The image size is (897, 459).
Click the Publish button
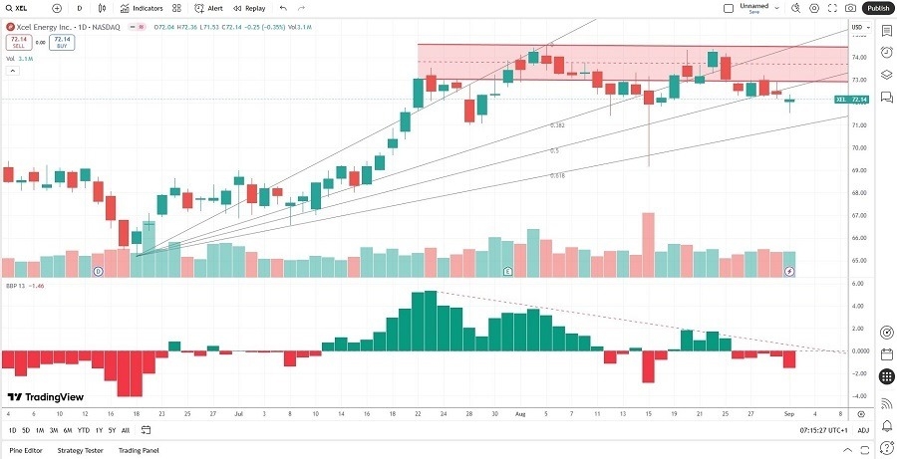tap(876, 8)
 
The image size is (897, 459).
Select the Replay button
tap(250, 8)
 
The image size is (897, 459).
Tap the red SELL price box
tap(16, 44)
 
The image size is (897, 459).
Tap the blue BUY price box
tap(61, 44)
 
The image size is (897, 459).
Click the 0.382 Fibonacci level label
tap(558, 125)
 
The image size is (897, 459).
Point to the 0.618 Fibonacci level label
tap(558, 175)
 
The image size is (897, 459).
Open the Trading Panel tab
tap(139, 450)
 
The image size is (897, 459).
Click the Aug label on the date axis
tap(517, 411)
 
